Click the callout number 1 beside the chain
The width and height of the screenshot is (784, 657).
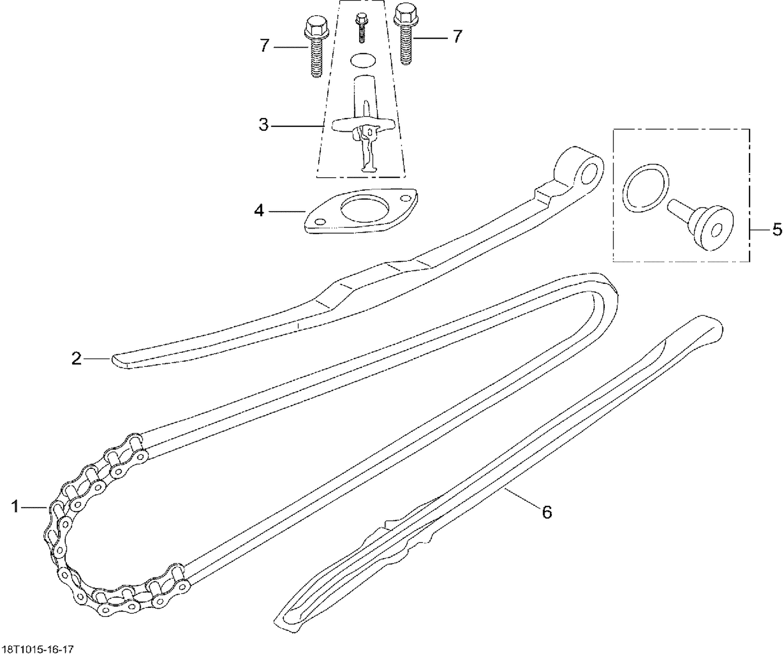coord(16,506)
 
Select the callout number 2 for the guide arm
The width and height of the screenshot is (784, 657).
coord(77,359)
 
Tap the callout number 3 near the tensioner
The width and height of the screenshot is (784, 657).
coord(264,125)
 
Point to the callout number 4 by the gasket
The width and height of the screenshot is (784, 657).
coord(259,211)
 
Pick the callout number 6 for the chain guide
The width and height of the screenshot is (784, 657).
coord(547,512)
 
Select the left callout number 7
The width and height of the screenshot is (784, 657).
coord(264,47)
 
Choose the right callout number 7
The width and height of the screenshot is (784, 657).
coord(457,37)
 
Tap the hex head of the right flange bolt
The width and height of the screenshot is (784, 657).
coord(404,13)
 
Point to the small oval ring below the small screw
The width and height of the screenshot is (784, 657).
coord(362,60)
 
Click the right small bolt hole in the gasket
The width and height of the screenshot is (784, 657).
coord(405,199)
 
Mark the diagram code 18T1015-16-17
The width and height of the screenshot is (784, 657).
coord(37,650)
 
